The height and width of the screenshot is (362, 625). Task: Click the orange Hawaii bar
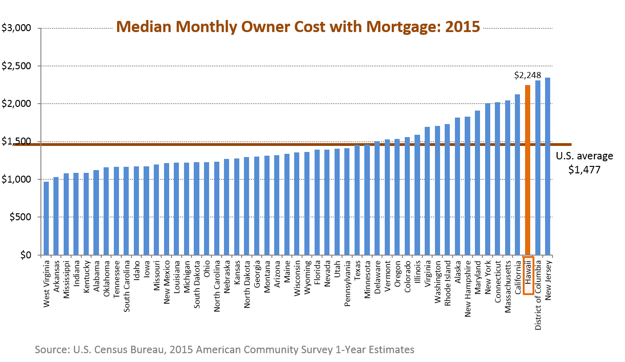[x=527, y=170]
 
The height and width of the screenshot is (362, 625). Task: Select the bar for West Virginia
[x=46, y=218]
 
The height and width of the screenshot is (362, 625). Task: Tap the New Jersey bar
[x=548, y=166]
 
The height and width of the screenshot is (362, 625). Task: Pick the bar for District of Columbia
[x=538, y=168]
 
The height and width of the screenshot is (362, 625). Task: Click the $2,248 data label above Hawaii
[x=527, y=75]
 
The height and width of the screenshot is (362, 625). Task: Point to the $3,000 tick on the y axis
[x=16, y=28]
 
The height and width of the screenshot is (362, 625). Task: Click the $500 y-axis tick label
[x=20, y=217]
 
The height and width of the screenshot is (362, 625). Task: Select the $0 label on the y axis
[x=26, y=255]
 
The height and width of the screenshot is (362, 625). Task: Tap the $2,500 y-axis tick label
[x=16, y=66]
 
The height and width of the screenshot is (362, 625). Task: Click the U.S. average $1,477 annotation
[x=584, y=163]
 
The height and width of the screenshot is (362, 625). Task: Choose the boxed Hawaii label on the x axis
[x=528, y=275]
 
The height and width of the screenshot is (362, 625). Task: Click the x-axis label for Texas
[x=357, y=270]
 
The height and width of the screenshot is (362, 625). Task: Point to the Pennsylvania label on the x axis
[x=347, y=283]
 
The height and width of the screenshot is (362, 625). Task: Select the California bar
[x=518, y=175]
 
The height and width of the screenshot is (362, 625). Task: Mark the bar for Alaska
[x=458, y=186]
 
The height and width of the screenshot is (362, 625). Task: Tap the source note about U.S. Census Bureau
[x=224, y=349]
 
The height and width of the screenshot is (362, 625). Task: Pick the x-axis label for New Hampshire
[x=467, y=289]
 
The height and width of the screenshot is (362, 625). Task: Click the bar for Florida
[x=317, y=202]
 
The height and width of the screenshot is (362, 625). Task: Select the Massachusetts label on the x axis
[x=507, y=286]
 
